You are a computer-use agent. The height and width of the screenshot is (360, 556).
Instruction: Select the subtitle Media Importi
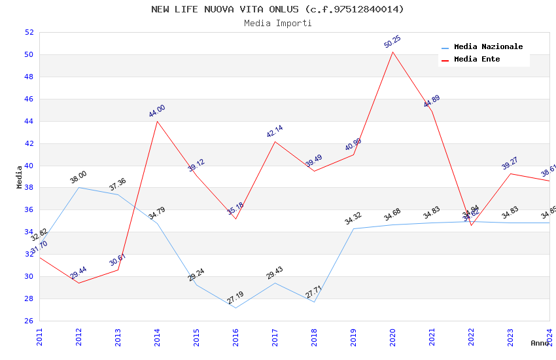(x=277, y=23)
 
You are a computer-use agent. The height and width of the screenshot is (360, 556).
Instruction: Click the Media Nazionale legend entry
(x=488, y=47)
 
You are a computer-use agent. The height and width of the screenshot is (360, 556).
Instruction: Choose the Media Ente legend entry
(x=477, y=60)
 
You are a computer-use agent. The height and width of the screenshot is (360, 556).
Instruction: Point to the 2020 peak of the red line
(x=392, y=52)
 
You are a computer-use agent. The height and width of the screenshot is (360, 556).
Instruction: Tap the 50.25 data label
(x=392, y=42)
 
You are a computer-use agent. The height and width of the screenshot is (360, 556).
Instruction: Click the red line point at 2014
(x=157, y=121)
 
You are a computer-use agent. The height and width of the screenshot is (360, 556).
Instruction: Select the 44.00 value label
(x=157, y=111)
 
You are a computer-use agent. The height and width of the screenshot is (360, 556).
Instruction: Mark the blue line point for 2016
(x=235, y=308)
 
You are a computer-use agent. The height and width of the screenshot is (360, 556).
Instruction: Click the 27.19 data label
(x=235, y=298)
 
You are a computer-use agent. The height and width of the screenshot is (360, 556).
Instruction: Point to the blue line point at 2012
(x=78, y=188)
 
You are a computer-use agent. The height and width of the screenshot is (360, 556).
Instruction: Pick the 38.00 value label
(x=78, y=177)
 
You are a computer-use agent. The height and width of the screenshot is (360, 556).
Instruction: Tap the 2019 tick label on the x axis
(x=353, y=336)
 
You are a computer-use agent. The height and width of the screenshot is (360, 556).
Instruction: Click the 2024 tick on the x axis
(x=549, y=336)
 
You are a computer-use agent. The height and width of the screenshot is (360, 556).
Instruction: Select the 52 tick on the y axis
(x=29, y=33)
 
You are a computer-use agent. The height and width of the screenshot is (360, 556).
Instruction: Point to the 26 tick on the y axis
(x=29, y=321)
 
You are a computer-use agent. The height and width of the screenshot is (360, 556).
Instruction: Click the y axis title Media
(x=20, y=177)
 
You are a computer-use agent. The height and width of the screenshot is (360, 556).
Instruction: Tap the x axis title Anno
(x=540, y=343)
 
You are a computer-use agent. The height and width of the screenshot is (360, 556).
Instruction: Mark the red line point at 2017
(x=275, y=141)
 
